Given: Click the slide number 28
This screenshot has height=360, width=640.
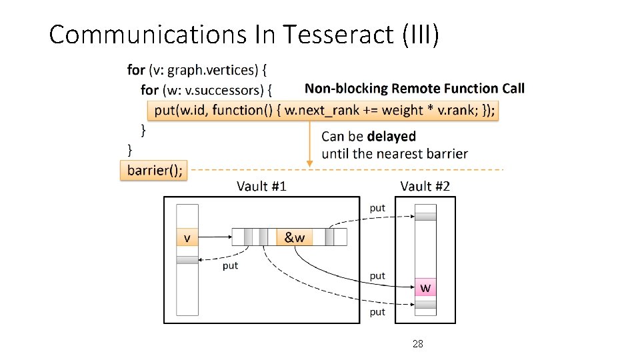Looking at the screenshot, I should (x=418, y=344).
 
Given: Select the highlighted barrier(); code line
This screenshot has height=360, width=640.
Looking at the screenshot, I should (x=154, y=170).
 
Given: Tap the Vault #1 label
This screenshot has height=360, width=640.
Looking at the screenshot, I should (x=261, y=186).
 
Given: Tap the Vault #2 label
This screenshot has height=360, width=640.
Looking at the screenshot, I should (x=425, y=186).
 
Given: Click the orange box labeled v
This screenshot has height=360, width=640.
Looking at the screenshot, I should (x=187, y=237).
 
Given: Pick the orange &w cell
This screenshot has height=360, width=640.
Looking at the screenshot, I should (x=295, y=237).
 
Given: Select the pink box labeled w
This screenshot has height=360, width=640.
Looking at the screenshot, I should (x=425, y=287).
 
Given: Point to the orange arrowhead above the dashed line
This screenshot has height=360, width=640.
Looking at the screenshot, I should (x=309, y=162).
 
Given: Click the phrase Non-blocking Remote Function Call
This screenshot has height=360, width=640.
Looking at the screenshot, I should (x=415, y=88).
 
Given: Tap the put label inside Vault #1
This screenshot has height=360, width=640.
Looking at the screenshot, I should (x=230, y=265).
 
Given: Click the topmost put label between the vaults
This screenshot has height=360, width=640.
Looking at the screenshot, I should (x=377, y=208).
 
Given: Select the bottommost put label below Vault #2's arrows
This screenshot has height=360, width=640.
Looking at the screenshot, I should (x=377, y=311).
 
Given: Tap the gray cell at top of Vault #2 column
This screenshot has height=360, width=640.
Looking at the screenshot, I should (x=425, y=216).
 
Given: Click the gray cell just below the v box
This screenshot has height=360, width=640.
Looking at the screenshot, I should (x=187, y=259).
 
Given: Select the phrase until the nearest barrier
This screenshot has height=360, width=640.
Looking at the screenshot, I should (x=395, y=153).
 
